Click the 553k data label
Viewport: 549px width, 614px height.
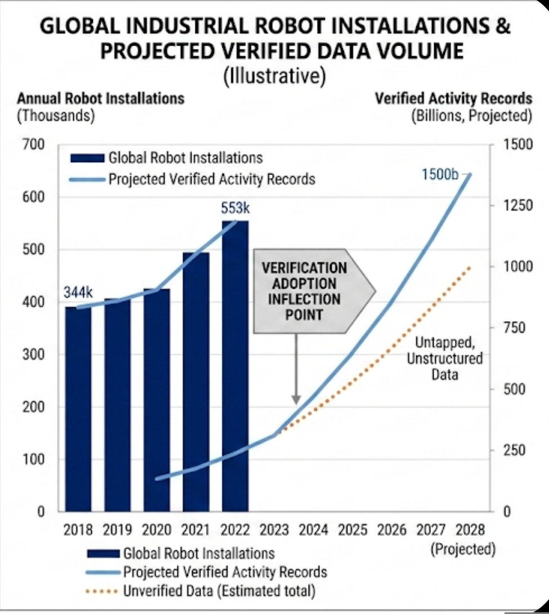235,208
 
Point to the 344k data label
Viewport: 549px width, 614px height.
77,293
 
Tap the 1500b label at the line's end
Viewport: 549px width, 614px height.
440,174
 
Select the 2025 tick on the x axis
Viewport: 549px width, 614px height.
352,530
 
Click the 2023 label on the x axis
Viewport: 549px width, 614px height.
274,530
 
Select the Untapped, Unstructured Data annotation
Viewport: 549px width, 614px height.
444,358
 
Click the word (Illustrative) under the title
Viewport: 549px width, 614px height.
274,75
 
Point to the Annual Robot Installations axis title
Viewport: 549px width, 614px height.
101,98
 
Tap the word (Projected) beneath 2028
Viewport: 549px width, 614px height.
463,549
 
